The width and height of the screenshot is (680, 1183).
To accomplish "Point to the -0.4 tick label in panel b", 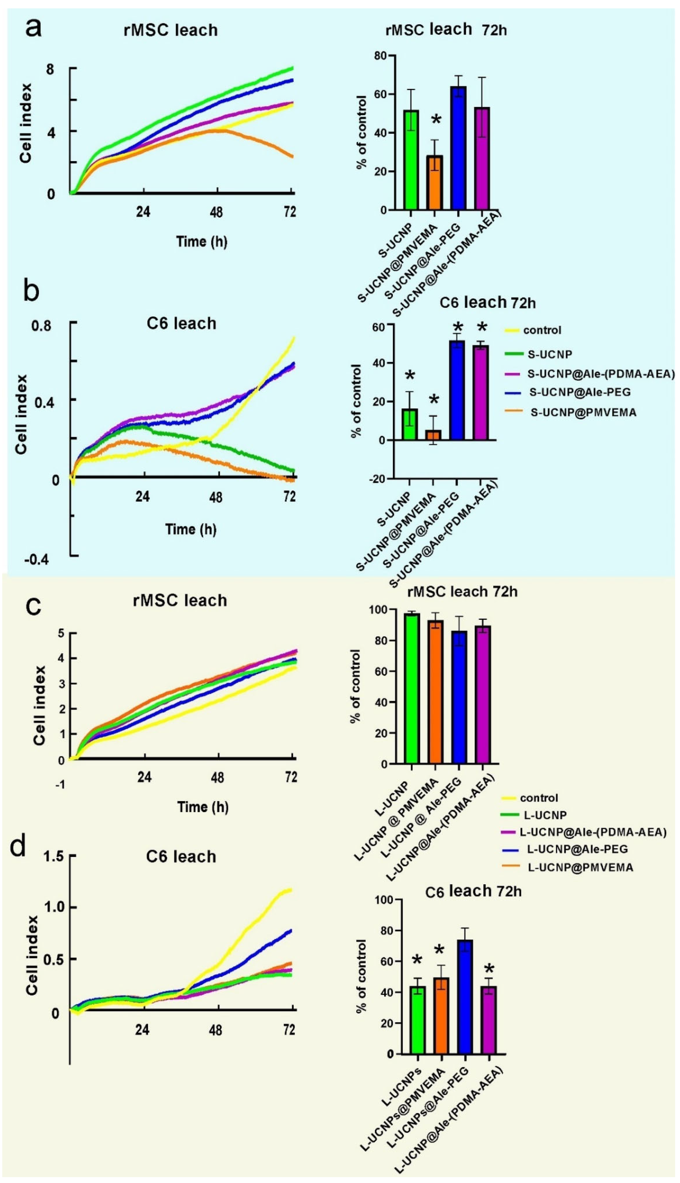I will tap(36, 559).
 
